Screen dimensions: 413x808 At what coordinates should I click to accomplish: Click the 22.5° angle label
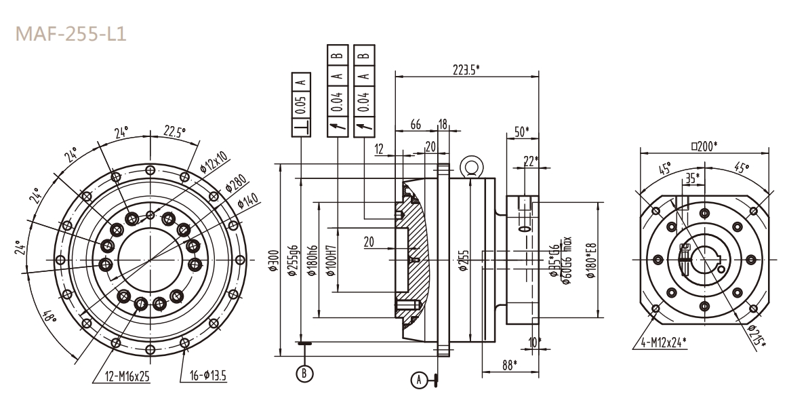[175, 132]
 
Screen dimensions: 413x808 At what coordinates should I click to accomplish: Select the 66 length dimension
[417, 125]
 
